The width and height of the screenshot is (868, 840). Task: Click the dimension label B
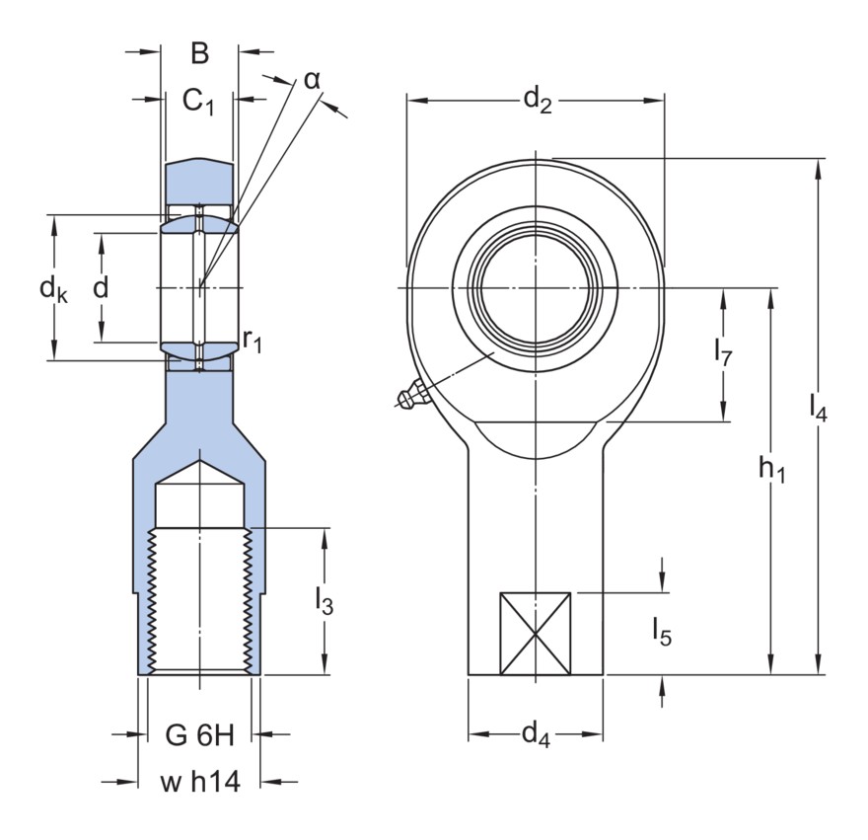pyautogui.click(x=199, y=54)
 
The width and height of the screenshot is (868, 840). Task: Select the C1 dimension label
pyautogui.click(x=199, y=101)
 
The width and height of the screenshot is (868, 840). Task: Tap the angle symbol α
pyautogui.click(x=312, y=79)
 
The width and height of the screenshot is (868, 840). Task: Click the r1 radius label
pyautogui.click(x=253, y=343)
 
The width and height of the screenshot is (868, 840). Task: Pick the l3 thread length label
pyautogui.click(x=324, y=601)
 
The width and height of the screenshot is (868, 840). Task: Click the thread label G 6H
pyautogui.click(x=200, y=734)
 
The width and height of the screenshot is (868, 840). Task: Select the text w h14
pyautogui.click(x=200, y=783)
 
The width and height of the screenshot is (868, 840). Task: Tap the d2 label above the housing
pyautogui.click(x=537, y=99)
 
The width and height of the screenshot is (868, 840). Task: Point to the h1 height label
pyautogui.click(x=771, y=473)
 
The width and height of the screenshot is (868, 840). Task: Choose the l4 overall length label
pyautogui.click(x=818, y=405)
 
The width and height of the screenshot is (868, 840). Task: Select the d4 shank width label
pyautogui.click(x=535, y=733)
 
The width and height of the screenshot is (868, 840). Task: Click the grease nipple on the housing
pyautogui.click(x=412, y=397)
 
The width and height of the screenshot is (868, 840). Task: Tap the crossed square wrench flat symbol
pyautogui.click(x=536, y=634)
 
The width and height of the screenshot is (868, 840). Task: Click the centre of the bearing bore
pyautogui.click(x=536, y=287)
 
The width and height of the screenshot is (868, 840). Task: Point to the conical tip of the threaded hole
pyautogui.click(x=200, y=467)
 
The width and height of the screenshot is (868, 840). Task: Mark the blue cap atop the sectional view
pyautogui.click(x=199, y=179)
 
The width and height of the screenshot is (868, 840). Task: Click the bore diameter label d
pyautogui.click(x=100, y=288)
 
